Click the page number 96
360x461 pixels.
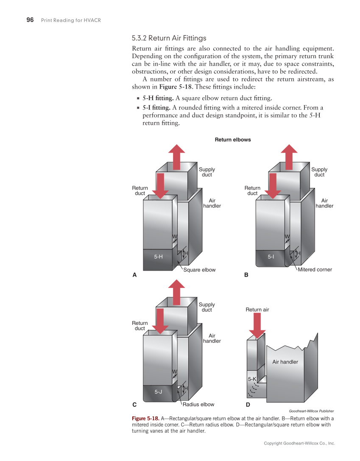[x=30, y=20]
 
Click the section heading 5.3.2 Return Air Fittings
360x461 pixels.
[x=169, y=38]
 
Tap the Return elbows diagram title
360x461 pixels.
[x=233, y=140]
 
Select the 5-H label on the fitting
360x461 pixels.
[x=158, y=257]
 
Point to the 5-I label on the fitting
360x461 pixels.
[x=271, y=257]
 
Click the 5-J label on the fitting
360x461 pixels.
[x=158, y=392]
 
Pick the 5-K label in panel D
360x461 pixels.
[x=252, y=379]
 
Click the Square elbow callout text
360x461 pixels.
[x=199, y=270]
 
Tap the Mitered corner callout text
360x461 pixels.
[x=315, y=270]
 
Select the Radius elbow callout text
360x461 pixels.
[x=198, y=405]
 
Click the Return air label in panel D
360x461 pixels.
[x=257, y=310]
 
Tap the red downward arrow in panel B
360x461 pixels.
[x=273, y=185]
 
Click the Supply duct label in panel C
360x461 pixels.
[x=207, y=307]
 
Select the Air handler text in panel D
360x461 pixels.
[x=285, y=362]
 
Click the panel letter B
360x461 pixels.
[x=246, y=275]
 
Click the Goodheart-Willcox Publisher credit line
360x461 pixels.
[x=311, y=411]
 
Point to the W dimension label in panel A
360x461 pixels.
[x=174, y=237]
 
